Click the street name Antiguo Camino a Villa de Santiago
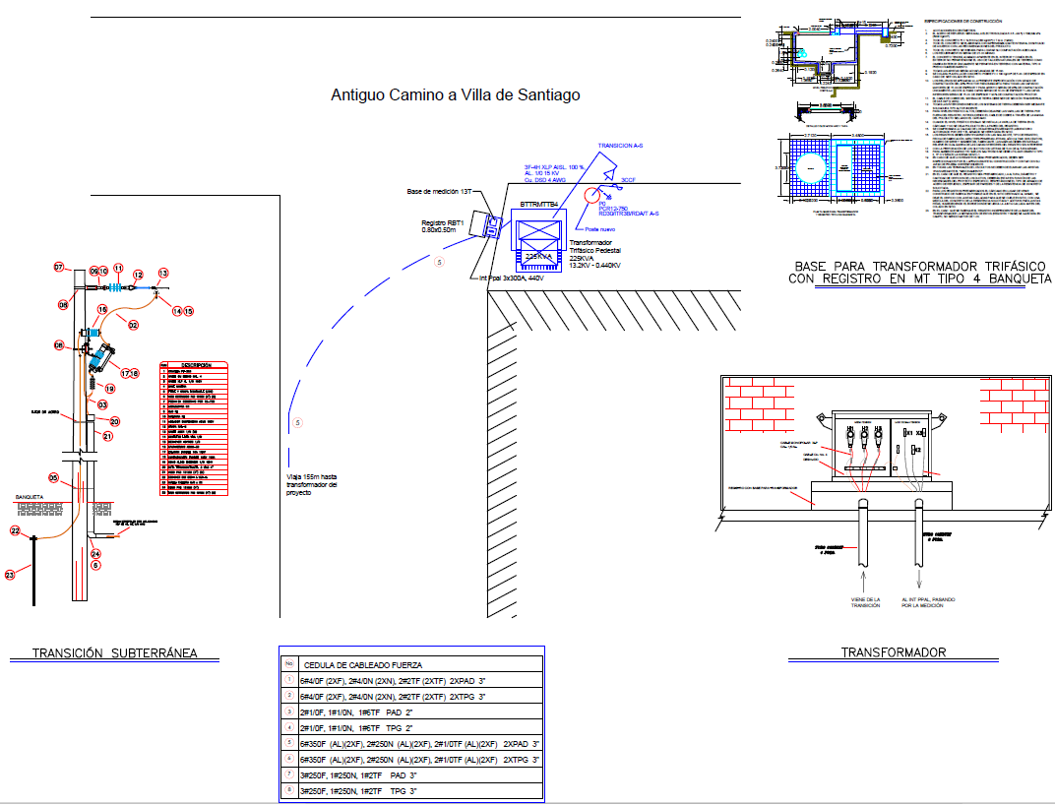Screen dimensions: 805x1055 (x=455, y=95)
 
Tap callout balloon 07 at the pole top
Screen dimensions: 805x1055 (x=58, y=268)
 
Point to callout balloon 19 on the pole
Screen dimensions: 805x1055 (x=109, y=389)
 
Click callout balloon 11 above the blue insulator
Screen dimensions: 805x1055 (x=117, y=269)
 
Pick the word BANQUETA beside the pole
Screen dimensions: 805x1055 (x=33, y=498)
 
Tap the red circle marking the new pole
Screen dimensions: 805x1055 (x=593, y=193)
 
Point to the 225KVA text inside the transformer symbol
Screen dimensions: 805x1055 (x=540, y=256)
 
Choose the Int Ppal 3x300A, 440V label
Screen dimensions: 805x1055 (x=512, y=279)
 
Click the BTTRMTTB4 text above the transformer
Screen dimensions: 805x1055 (x=539, y=205)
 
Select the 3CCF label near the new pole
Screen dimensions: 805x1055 (x=628, y=181)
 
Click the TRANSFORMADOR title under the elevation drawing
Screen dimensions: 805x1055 (x=894, y=652)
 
